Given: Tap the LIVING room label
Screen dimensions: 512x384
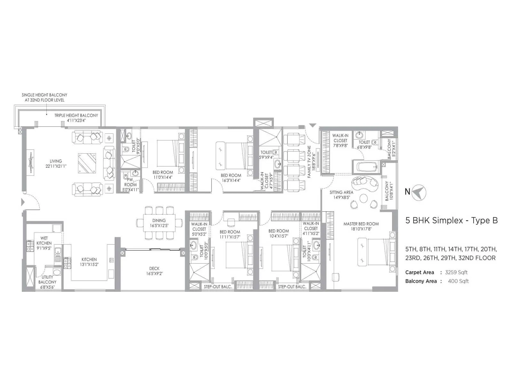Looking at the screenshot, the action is pyautogui.click(x=56, y=161).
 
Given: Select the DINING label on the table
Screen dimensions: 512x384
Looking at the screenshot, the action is pyautogui.click(x=159, y=220).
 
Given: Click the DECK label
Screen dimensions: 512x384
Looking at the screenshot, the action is pyautogui.click(x=154, y=268).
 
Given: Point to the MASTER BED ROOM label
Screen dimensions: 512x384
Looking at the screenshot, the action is pyautogui.click(x=361, y=224).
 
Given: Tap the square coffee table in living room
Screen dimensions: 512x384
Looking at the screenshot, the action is pyautogui.click(x=87, y=163).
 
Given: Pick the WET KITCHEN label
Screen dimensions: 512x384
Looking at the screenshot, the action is pyautogui.click(x=44, y=240).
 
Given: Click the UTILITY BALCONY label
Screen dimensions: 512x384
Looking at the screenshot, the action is pyautogui.click(x=47, y=279).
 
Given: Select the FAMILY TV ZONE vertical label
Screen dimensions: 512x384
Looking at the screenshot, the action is pyautogui.click(x=309, y=162).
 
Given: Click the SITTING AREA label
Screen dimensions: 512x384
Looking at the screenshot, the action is pyautogui.click(x=341, y=192).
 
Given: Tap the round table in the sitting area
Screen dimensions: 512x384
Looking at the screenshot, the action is pyautogui.click(x=364, y=199).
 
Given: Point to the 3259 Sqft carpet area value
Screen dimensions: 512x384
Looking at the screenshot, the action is pyautogui.click(x=456, y=272).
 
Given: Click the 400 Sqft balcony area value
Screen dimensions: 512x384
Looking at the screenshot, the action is pyautogui.click(x=458, y=281).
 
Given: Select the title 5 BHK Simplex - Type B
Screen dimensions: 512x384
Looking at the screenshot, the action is pyautogui.click(x=452, y=220).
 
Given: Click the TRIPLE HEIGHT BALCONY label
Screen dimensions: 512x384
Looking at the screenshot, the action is pyautogui.click(x=76, y=116).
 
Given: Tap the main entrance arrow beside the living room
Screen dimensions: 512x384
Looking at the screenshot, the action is pyautogui.click(x=23, y=202).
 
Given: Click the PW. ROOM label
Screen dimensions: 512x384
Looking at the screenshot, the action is pyautogui.click(x=130, y=182).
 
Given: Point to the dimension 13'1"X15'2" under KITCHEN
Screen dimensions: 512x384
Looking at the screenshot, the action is pyautogui.click(x=89, y=264).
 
